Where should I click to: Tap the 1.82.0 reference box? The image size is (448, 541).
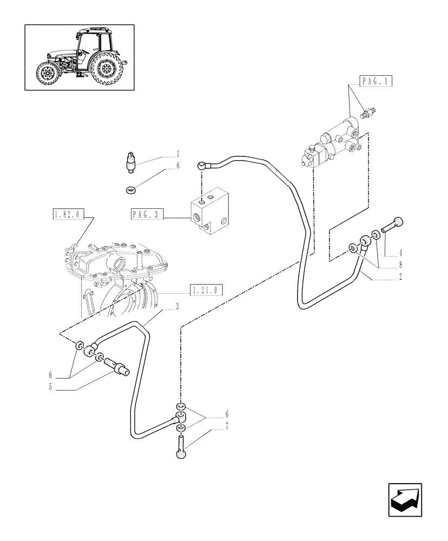coord(67,214)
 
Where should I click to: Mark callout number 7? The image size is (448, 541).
coord(228,427)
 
